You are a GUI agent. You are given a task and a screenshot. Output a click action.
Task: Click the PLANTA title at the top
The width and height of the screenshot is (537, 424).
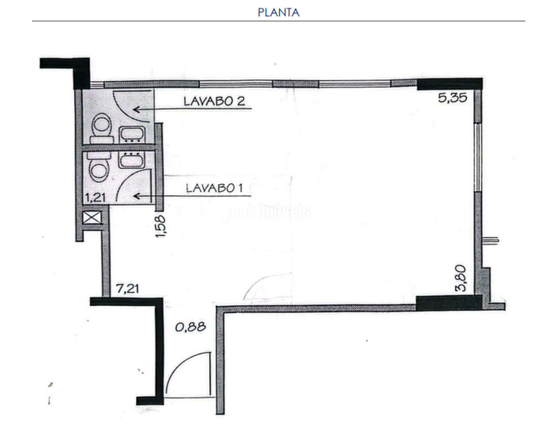click(x=278, y=12)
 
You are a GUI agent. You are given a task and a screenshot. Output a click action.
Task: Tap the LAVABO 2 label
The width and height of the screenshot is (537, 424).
click(x=214, y=102)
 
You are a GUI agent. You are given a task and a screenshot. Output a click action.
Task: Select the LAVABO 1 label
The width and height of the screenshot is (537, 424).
click(x=214, y=188)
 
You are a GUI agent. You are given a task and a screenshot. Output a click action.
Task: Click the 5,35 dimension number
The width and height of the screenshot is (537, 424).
click(x=453, y=98)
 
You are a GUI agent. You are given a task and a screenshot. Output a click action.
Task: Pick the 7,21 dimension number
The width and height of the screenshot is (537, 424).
click(x=128, y=289)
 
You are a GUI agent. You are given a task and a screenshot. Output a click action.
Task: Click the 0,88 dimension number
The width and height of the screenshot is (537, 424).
click(x=190, y=327)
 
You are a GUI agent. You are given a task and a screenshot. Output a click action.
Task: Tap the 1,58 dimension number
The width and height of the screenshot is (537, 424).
click(x=160, y=226)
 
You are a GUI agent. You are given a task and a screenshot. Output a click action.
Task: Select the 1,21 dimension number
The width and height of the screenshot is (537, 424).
click(x=95, y=198)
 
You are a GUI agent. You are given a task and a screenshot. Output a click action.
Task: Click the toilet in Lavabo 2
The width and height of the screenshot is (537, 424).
click(x=101, y=128)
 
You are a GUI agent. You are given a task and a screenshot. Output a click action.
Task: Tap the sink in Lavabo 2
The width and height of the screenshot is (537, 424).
click(x=132, y=135)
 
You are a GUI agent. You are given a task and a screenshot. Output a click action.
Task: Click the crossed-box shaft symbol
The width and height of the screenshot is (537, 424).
click(x=92, y=217)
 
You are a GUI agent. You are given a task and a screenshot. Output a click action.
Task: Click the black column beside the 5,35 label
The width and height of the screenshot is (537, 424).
click(x=449, y=84)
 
